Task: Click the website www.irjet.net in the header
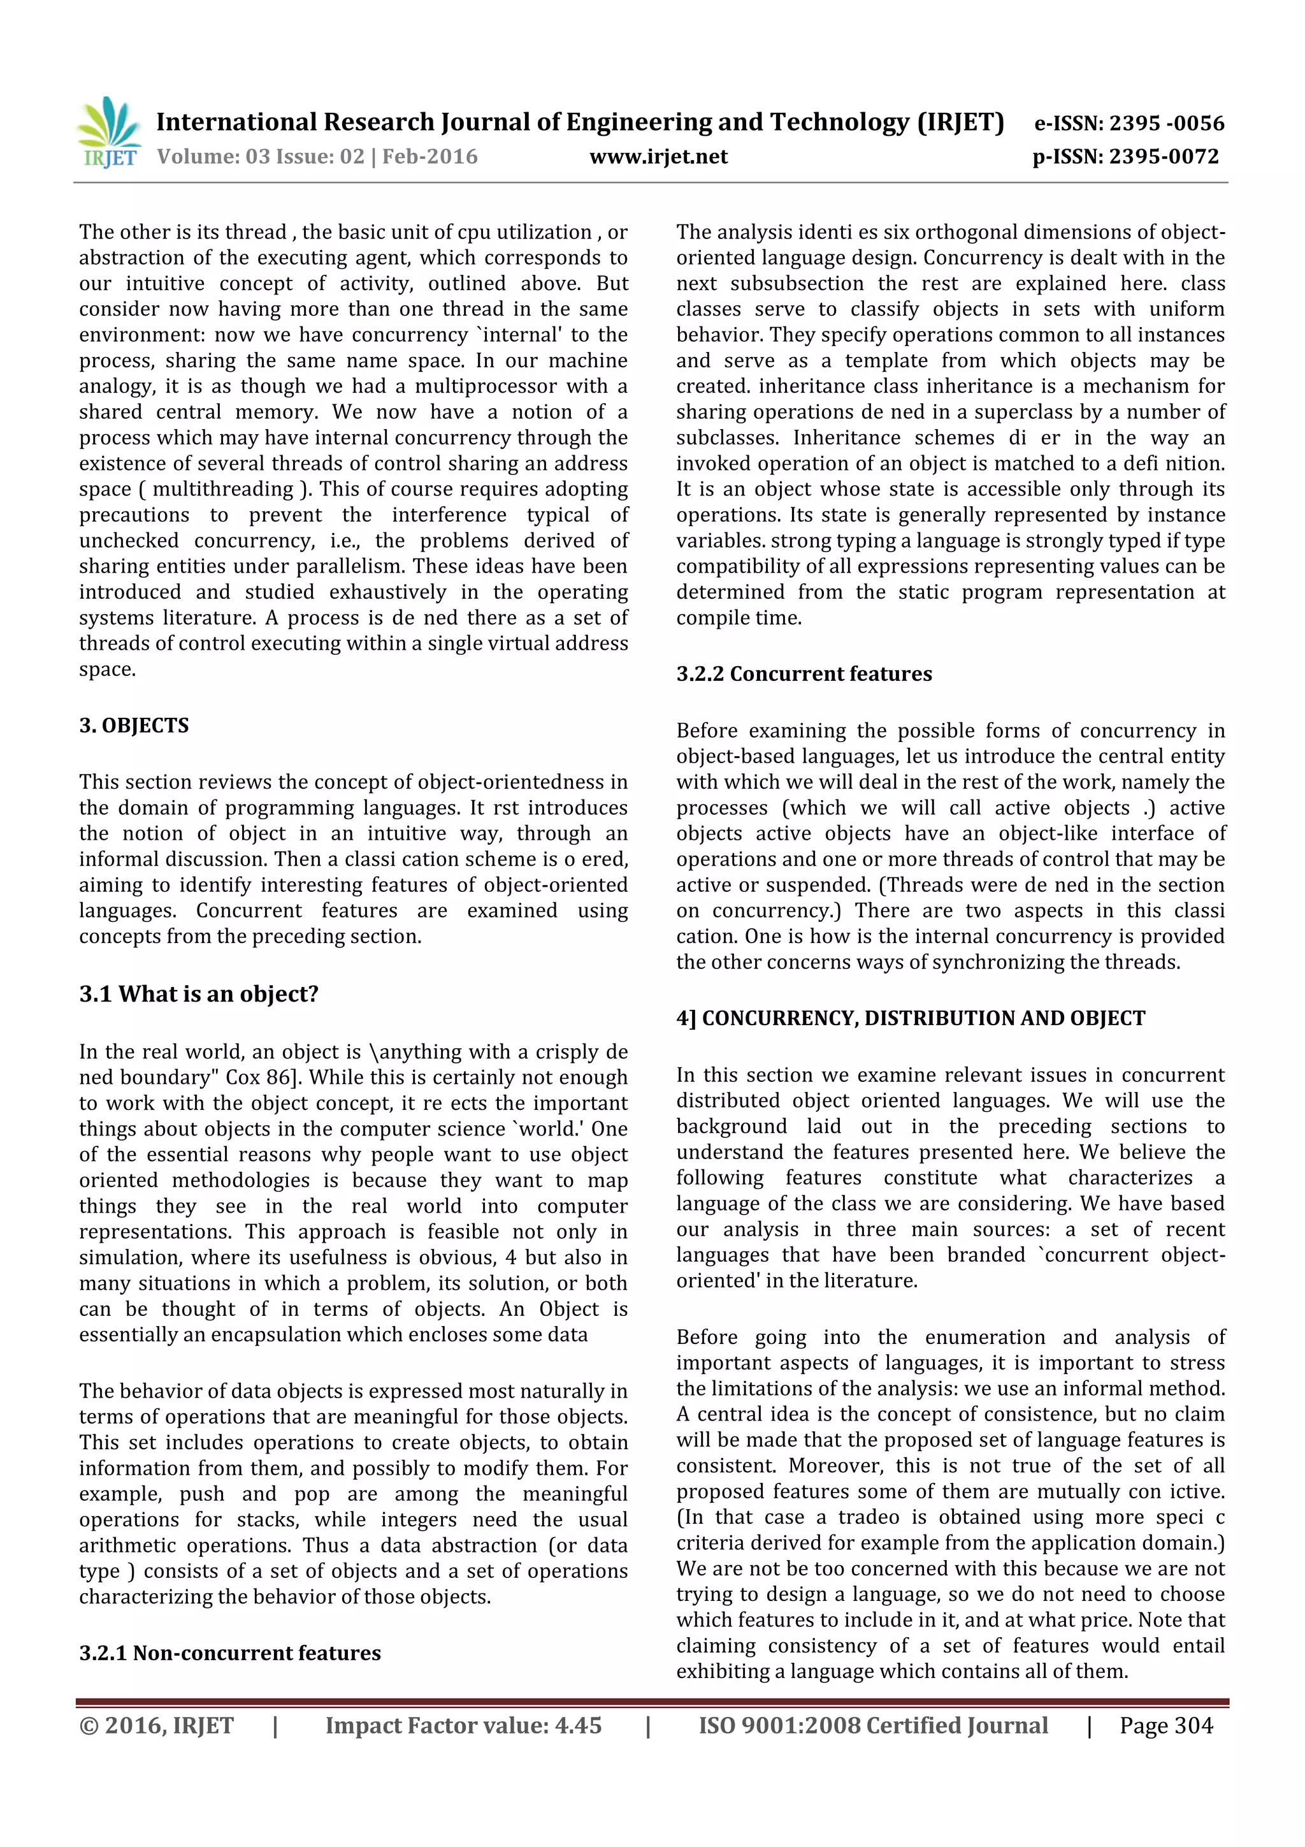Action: [658, 157]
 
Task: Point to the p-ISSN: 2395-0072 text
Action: [1126, 157]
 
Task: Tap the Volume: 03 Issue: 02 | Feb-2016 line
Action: [317, 157]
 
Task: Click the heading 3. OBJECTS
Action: [133, 726]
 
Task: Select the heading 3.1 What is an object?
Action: [199, 995]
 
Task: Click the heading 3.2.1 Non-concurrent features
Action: [229, 1653]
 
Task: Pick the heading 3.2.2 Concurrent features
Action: [804, 674]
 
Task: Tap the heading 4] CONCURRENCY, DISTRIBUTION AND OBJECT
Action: [910, 1018]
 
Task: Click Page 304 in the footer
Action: [1166, 1725]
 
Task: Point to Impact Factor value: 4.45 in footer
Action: [463, 1725]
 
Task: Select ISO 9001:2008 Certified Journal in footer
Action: [873, 1725]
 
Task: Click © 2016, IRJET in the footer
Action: [156, 1725]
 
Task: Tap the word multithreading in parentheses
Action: [224, 489]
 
